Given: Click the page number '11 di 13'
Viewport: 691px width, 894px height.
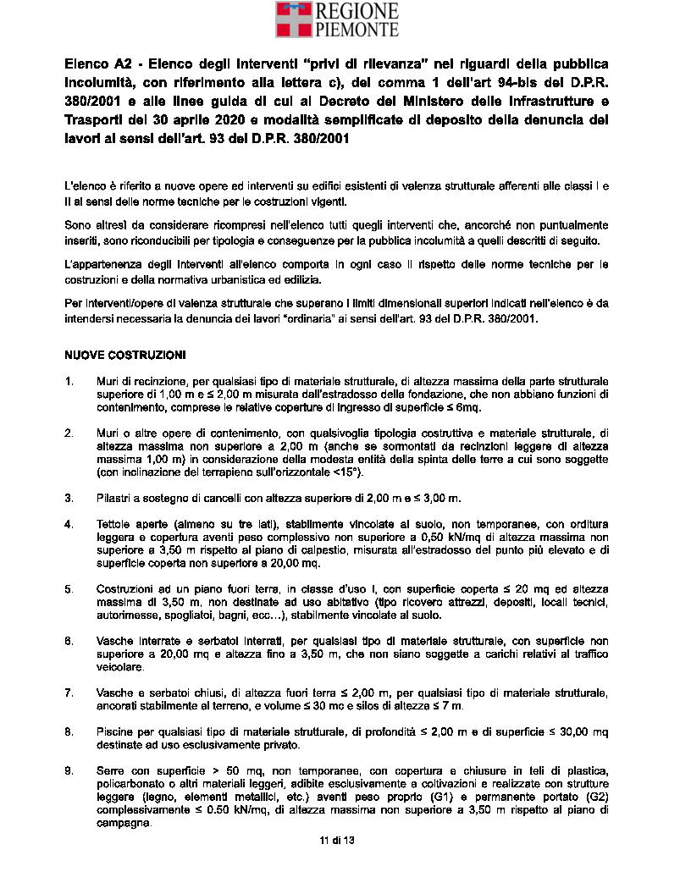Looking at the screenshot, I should tap(336, 840).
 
